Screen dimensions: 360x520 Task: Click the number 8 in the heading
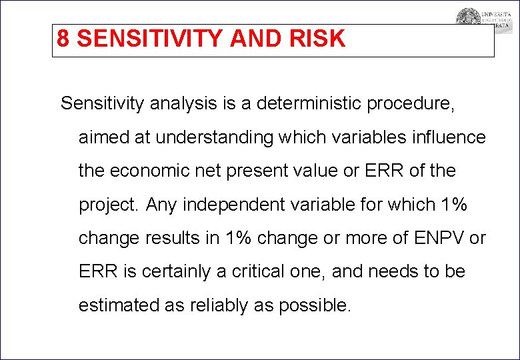[x=63, y=39]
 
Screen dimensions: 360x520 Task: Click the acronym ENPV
[x=439, y=238]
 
